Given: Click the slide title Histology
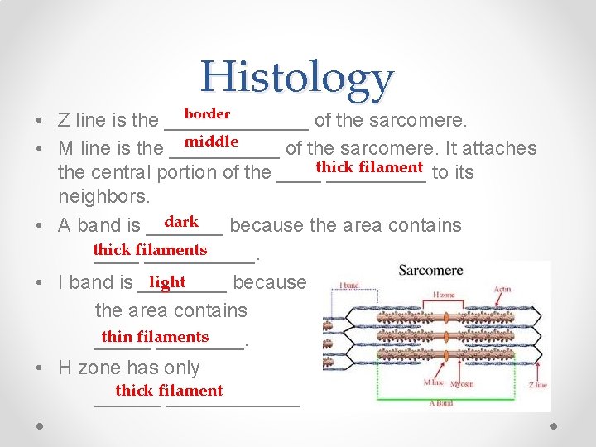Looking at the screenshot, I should [296, 78].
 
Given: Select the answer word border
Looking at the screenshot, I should [207, 113].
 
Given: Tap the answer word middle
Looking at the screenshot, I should [211, 142].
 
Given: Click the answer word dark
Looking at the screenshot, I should [181, 222].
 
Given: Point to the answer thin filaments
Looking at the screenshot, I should [155, 337].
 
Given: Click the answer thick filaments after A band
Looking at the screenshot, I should [150, 250].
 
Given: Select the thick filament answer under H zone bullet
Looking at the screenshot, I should [169, 391].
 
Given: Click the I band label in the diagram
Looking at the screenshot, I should [348, 286].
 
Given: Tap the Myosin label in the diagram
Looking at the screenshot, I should [464, 383].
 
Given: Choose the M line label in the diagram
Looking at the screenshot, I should [434, 382].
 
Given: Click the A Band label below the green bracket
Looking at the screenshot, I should [441, 403].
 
